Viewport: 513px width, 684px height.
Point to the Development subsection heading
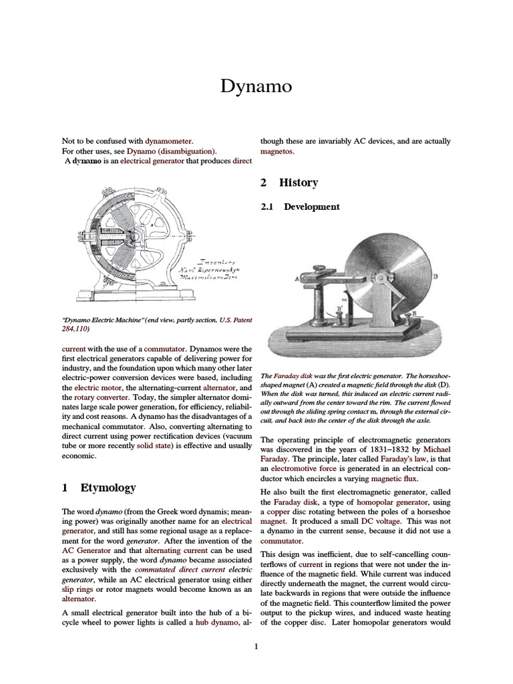[311, 207]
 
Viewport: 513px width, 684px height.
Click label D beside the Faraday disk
[436, 276]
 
